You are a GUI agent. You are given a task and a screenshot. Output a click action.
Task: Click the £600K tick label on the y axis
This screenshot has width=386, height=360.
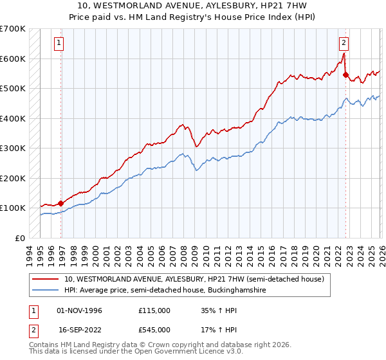(13, 59)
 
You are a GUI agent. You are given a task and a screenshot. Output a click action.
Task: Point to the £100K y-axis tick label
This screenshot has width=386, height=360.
(13, 208)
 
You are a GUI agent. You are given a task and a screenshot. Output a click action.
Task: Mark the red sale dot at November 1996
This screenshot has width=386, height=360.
(60, 203)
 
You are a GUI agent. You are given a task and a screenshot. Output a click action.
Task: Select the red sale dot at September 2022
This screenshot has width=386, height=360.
(345, 75)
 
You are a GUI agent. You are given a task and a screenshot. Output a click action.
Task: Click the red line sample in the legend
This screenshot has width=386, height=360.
(45, 279)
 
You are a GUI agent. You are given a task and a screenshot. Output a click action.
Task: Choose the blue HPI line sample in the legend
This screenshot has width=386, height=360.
(45, 290)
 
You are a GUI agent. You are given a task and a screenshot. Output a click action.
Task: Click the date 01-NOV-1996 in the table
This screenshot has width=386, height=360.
(80, 310)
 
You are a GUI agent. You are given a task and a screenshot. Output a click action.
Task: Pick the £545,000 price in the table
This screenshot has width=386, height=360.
(154, 329)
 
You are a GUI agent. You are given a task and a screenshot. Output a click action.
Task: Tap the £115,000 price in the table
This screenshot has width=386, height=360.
(154, 310)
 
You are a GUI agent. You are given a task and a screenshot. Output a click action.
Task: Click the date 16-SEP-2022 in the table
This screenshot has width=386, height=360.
(80, 329)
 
